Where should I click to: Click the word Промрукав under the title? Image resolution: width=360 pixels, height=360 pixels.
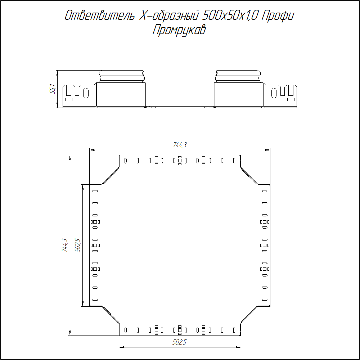[x=179, y=30]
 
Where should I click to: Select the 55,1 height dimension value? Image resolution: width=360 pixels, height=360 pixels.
[x=53, y=89]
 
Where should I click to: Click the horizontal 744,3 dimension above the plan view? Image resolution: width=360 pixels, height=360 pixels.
[x=180, y=145]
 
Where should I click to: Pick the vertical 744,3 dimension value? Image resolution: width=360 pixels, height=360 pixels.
[x=65, y=245]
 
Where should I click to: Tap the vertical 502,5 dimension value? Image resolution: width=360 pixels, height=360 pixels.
[x=78, y=246]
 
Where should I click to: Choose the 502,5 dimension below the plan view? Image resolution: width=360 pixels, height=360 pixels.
[x=180, y=342]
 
